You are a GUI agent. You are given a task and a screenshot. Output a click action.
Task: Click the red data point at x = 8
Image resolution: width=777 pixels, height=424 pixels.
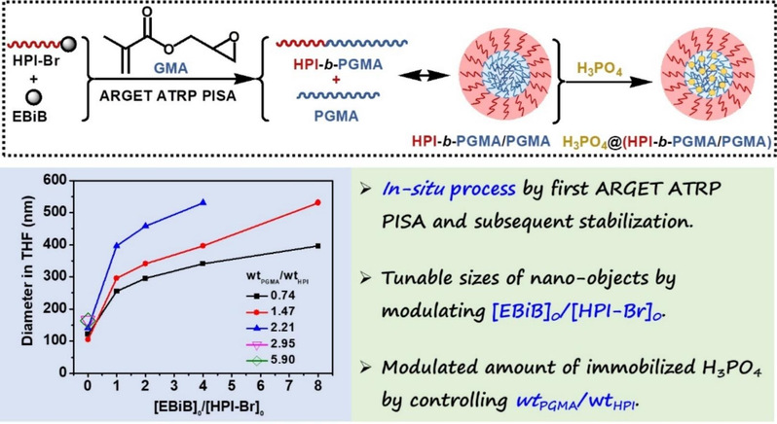(318, 202)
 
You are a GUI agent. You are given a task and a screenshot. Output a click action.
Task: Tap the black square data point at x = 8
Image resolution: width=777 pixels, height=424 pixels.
(318, 246)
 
